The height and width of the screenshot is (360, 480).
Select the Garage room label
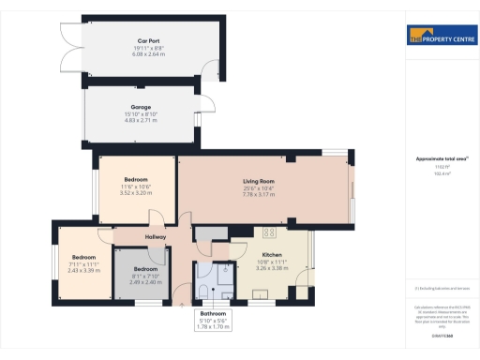tap(141, 107)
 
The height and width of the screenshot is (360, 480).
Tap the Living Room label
tap(258, 181)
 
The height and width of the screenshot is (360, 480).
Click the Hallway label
tap(156, 237)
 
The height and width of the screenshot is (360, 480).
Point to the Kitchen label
tap(272, 254)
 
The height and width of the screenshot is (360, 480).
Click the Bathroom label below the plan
tap(213, 313)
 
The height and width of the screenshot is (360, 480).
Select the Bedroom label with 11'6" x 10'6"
tap(136, 181)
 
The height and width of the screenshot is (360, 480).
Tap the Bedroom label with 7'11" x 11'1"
tap(84, 257)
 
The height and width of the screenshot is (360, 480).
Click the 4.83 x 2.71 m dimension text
tap(141, 120)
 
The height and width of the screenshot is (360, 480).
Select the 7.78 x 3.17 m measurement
tap(258, 194)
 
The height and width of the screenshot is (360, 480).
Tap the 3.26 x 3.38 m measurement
tap(272, 267)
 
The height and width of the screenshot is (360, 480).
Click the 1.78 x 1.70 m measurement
tap(213, 326)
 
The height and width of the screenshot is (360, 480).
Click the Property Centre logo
tap(439, 37)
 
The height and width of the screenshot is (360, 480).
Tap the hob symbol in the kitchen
tap(269, 233)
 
